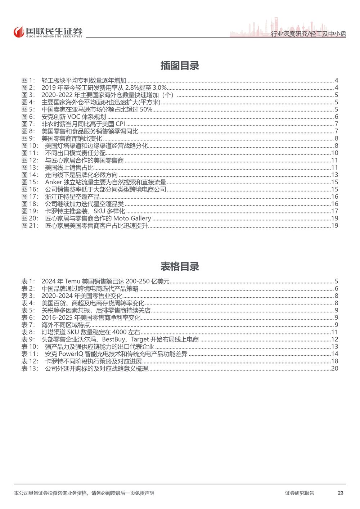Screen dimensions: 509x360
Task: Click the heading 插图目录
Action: click(180, 66)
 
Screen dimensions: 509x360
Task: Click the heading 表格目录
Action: click(180, 267)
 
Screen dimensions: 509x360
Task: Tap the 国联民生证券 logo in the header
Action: click(48, 32)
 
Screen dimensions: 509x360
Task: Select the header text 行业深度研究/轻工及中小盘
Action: click(309, 34)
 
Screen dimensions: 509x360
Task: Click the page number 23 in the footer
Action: click(341, 493)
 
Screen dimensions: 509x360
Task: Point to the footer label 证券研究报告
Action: click(300, 493)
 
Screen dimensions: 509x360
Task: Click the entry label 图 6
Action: click(28, 117)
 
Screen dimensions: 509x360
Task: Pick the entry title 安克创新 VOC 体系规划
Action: click(74, 117)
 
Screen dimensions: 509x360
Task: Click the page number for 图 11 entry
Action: click(334, 153)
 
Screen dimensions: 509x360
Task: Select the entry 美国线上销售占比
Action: click(69, 167)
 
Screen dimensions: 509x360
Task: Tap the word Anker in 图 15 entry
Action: click(53, 182)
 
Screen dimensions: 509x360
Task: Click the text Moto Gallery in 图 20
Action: click(132, 218)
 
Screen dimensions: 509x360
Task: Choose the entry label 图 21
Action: click(30, 226)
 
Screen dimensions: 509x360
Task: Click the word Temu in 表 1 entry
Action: click(73, 281)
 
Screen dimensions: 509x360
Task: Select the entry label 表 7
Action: click(28, 325)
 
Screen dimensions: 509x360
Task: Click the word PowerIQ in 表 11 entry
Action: click(71, 354)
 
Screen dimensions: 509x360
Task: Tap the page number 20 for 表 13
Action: click(334, 368)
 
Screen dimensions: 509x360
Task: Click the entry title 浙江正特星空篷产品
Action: click(72, 197)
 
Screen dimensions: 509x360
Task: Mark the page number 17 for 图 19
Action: click(334, 211)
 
